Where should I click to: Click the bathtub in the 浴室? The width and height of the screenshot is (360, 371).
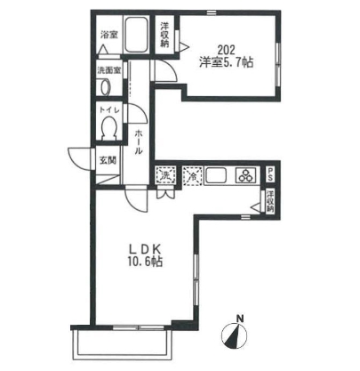[x=136, y=35]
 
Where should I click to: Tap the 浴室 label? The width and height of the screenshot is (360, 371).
[x=109, y=35]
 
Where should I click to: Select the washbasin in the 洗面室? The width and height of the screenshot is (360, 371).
[x=105, y=87]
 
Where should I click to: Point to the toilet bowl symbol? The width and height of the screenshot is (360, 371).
[x=108, y=127]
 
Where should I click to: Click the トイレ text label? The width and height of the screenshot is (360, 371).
[x=109, y=109]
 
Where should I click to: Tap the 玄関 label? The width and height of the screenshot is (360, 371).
[x=108, y=160]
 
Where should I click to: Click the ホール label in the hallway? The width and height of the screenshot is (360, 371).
[x=139, y=142]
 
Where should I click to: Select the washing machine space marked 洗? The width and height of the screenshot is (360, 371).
[x=165, y=176]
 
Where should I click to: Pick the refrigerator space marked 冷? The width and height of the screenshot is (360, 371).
[x=193, y=176]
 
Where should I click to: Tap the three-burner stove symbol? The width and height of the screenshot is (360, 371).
[x=245, y=175]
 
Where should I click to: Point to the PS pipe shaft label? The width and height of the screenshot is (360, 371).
[x=270, y=174]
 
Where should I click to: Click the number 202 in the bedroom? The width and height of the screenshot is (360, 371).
[x=226, y=49]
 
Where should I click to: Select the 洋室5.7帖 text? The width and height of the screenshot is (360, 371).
[x=226, y=62]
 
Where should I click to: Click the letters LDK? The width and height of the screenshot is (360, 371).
[x=145, y=247]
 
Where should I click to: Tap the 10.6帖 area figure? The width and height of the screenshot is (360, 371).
[x=145, y=262]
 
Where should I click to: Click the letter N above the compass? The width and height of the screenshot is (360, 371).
[x=240, y=319]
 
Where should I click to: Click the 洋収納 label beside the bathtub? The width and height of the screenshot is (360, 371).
[x=164, y=35]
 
